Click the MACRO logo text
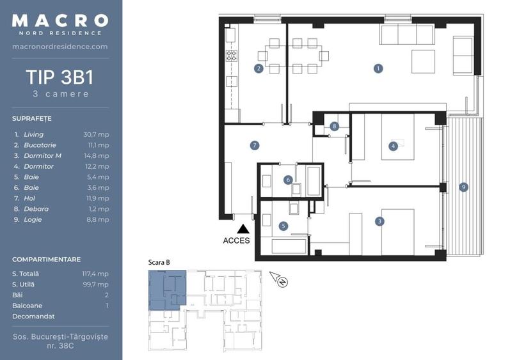60,21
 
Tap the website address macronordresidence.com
60,47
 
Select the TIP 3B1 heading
60,77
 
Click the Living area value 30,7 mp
96,135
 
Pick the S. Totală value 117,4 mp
95,274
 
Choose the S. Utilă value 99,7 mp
96,285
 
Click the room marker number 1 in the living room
378,68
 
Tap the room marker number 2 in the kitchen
259,68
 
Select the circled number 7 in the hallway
255,146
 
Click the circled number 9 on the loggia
463,187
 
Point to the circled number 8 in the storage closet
334,127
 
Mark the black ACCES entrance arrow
243,229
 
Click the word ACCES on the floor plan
236,241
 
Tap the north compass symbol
280,279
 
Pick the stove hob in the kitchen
232,56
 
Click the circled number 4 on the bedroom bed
393,146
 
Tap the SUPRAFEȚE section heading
31,119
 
